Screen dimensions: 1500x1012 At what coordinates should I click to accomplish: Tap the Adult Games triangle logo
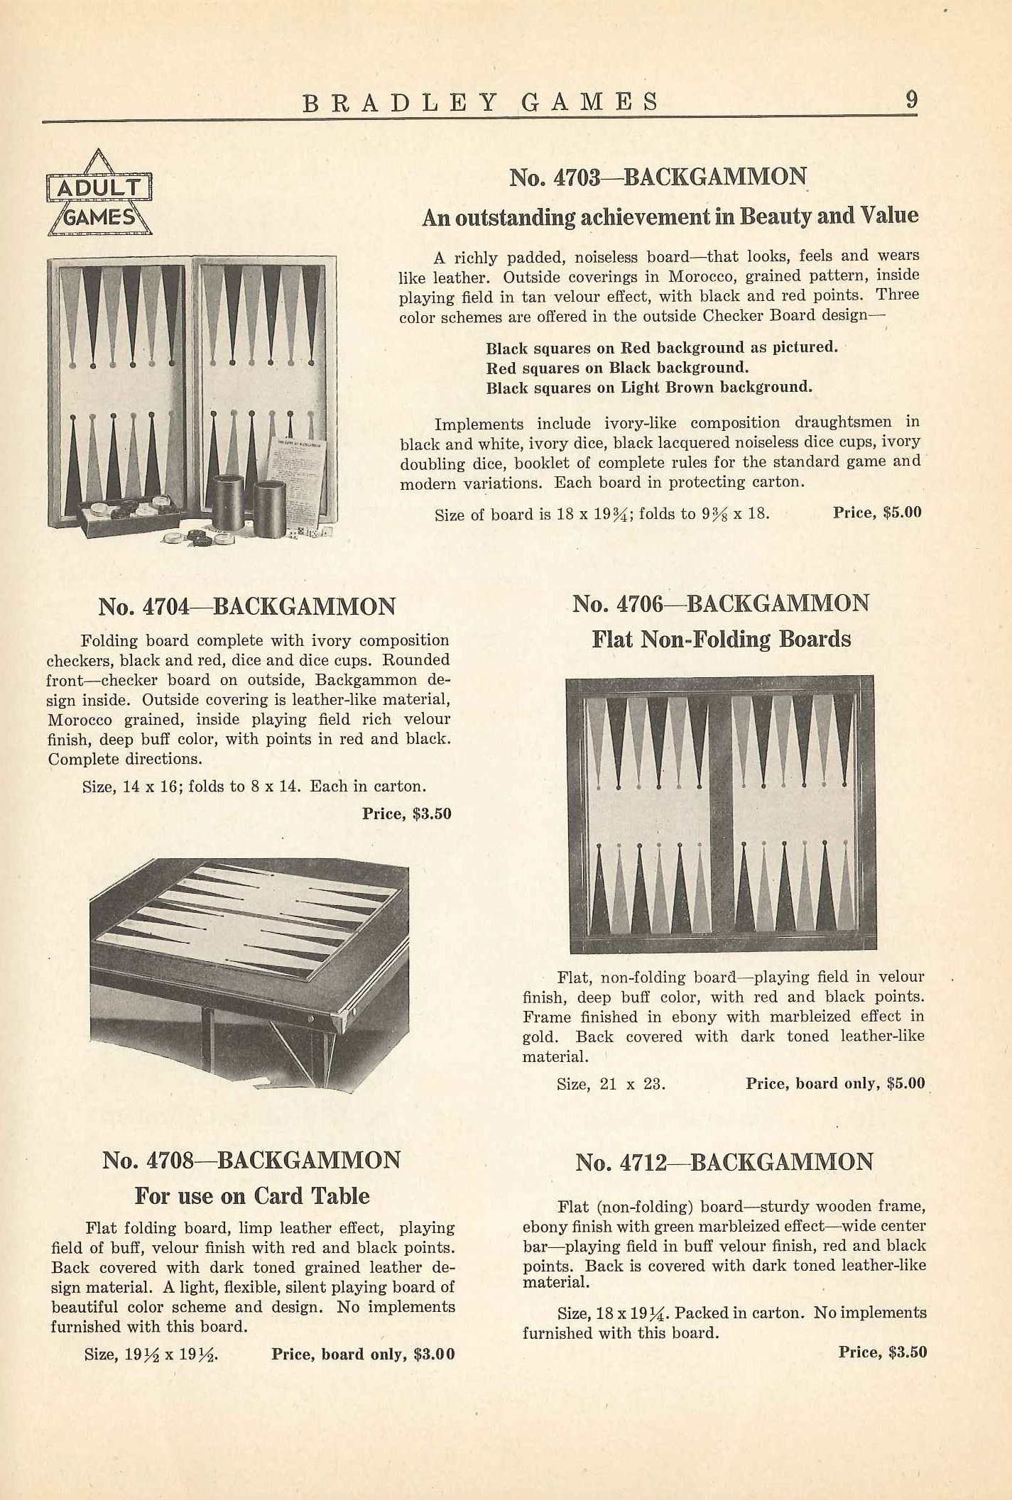(99, 194)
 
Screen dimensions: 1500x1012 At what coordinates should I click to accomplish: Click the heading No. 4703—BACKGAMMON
(658, 177)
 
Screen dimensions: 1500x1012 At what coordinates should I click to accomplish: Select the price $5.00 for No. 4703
(877, 512)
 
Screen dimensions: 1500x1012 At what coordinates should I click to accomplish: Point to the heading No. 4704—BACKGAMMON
(246, 607)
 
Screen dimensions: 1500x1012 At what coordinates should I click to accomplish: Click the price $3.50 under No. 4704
(407, 814)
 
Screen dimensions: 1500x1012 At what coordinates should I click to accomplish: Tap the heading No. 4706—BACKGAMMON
(721, 604)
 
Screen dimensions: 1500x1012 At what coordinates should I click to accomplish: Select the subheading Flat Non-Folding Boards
(721, 640)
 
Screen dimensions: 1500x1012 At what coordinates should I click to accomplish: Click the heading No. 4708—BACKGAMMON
(251, 1161)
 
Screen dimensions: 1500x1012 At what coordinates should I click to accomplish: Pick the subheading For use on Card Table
(252, 1196)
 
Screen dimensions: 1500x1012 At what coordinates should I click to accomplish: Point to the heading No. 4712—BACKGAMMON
(724, 1162)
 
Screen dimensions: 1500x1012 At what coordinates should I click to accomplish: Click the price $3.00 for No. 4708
(363, 1354)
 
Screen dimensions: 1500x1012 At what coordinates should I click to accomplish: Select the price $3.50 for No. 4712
(883, 1352)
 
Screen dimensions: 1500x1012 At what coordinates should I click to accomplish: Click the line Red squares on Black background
(617, 368)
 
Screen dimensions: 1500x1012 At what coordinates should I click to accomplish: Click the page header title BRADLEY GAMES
(481, 103)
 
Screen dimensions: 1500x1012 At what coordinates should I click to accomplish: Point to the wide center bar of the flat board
(721, 813)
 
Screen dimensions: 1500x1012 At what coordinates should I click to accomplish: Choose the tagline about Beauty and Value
(670, 217)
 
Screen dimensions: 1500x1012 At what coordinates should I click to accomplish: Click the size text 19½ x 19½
(151, 1354)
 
